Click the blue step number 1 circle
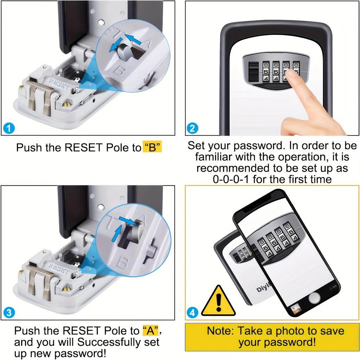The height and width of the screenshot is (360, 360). coord(9,128)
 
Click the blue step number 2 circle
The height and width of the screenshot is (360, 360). coord(192,128)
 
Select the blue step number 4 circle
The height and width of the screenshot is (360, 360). coord(192,312)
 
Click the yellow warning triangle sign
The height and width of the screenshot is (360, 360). coord(218,301)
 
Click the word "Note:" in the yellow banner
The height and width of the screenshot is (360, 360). coord(220,331)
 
